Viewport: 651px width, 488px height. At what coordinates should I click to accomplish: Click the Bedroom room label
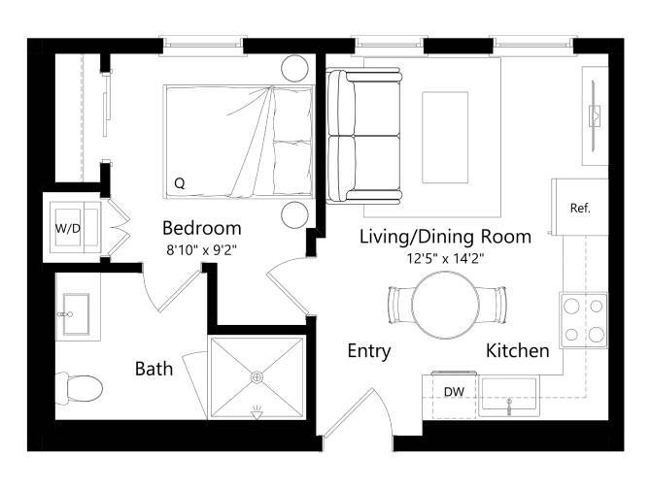click(x=201, y=229)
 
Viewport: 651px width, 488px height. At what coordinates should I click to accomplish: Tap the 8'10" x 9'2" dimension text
click(x=201, y=250)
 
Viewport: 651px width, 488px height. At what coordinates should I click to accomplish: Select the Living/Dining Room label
click(x=445, y=236)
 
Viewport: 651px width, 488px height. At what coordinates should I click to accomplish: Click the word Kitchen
click(x=518, y=350)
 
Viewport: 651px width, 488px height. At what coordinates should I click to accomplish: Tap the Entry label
click(x=368, y=351)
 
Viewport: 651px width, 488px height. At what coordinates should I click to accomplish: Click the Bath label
click(x=154, y=369)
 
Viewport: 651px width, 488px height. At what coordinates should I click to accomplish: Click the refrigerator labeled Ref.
click(x=580, y=208)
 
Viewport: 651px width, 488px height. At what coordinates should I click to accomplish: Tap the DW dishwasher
click(x=453, y=392)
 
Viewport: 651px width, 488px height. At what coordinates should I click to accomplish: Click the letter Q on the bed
click(x=180, y=182)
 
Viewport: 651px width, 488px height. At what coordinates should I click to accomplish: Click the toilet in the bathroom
click(x=80, y=389)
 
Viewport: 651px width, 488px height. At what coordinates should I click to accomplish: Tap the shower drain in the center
click(x=257, y=376)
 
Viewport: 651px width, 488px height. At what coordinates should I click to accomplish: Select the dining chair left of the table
click(x=399, y=305)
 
